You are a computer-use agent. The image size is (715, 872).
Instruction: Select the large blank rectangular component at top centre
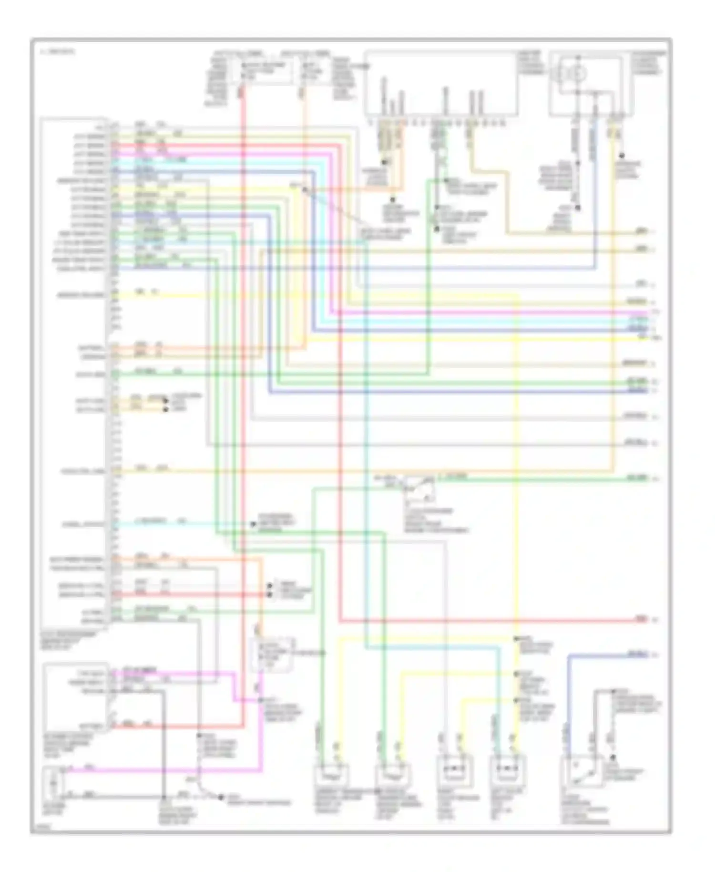point(441,83)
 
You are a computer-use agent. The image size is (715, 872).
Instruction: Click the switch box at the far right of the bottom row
point(578,775)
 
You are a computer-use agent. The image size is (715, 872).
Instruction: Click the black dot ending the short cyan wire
point(253,524)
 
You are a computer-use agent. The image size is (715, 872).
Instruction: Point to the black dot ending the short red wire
point(269,595)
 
